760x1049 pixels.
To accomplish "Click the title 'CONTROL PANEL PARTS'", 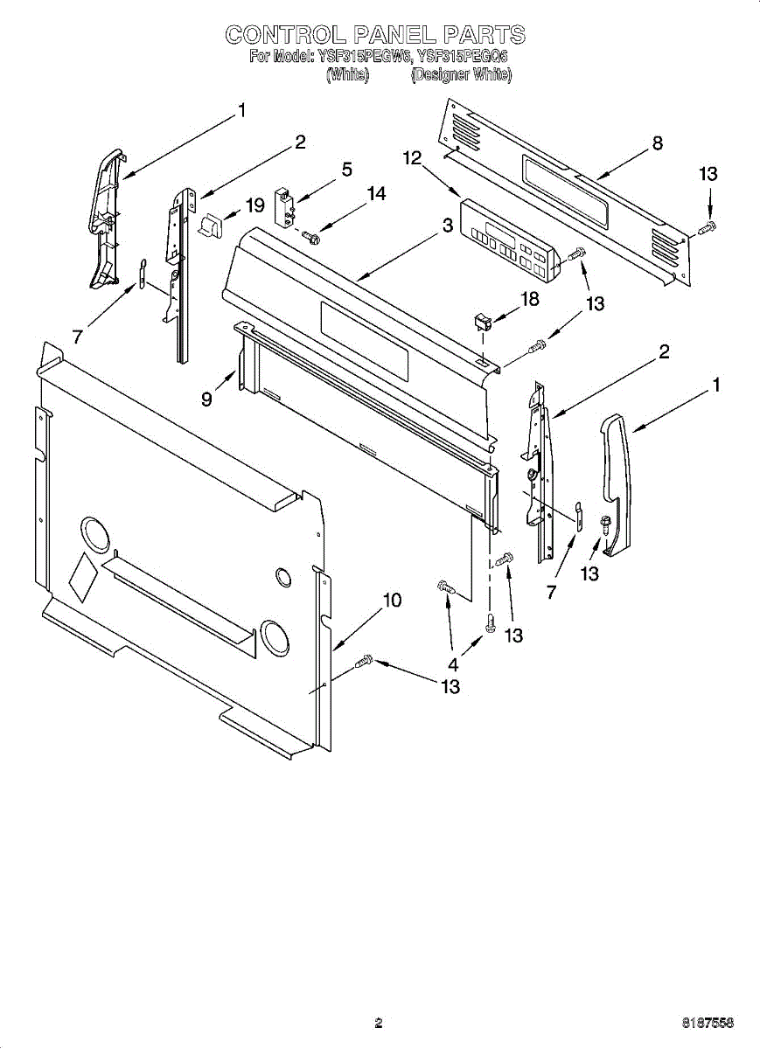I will tap(375, 35).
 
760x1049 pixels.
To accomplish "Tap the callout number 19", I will tap(254, 205).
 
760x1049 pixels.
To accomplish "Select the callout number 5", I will tap(346, 169).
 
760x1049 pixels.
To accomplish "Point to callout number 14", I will tap(376, 194).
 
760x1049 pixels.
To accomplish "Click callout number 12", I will tap(412, 158).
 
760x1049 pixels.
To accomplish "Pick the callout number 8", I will tap(657, 143).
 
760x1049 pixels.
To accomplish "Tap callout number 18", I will tap(530, 299).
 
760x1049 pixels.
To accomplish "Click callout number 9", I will tap(206, 399).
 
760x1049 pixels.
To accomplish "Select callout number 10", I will tap(392, 600).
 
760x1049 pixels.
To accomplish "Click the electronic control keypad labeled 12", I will tap(510, 241).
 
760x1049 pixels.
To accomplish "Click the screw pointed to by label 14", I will tap(312, 235).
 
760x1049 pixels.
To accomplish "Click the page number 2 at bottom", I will tap(378, 1022).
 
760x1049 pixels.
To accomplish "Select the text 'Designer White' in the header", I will tap(461, 75).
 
